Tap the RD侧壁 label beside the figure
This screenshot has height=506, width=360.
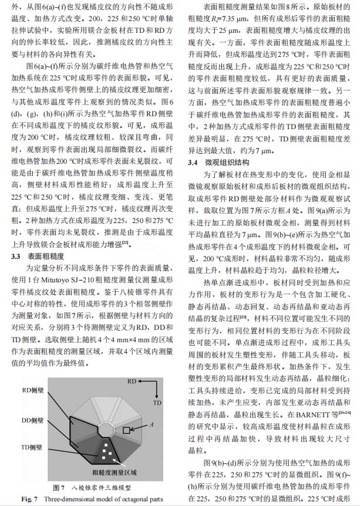pyautogui.click(x=35, y=390)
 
